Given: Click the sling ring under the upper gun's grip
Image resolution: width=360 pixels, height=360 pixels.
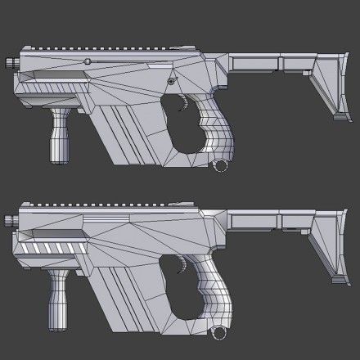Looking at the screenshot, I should (218, 167).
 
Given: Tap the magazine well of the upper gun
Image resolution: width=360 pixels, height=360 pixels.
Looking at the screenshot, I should (135, 131).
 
